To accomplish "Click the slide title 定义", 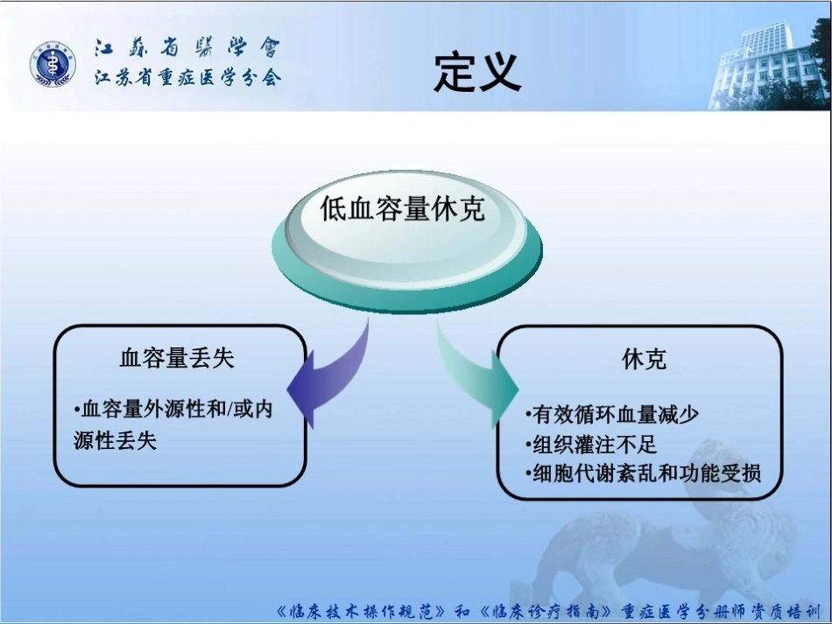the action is [x=477, y=73].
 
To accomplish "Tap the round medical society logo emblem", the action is [x=52, y=65].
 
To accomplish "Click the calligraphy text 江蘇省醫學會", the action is [x=187, y=48].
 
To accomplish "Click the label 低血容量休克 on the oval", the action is [x=402, y=207].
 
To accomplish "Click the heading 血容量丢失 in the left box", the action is [x=177, y=358].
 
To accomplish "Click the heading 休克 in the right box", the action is [x=644, y=359].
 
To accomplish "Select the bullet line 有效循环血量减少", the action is [x=611, y=415].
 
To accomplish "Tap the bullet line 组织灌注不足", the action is [x=590, y=445].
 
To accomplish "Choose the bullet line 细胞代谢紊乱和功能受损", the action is [x=643, y=473].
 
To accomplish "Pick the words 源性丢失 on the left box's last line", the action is [x=115, y=440].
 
